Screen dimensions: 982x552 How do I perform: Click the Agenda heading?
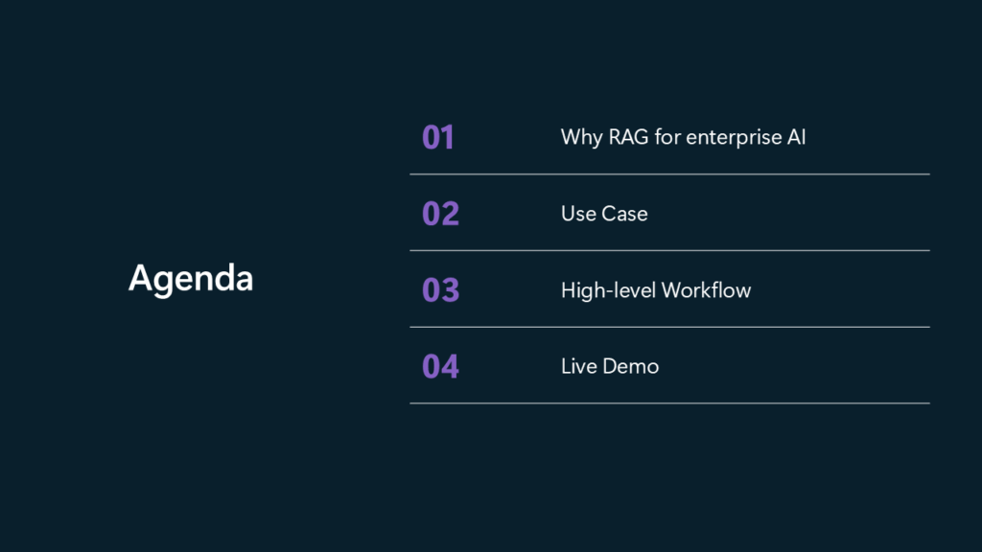[x=191, y=279]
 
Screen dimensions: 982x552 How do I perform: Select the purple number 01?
[x=437, y=137]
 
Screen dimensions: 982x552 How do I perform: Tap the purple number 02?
[x=440, y=214]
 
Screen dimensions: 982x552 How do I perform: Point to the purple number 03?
[x=440, y=289]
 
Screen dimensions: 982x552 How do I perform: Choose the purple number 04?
[x=440, y=366]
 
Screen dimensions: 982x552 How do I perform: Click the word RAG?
[x=628, y=137]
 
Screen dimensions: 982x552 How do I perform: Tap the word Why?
[x=581, y=138]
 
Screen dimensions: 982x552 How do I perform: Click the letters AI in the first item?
[x=797, y=137]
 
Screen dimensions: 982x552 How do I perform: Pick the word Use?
[x=578, y=214]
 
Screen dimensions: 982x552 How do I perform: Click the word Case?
[x=624, y=214]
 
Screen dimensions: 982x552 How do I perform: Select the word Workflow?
[x=706, y=290]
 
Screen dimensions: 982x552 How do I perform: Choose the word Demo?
[x=631, y=366]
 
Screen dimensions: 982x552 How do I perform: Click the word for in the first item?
[x=667, y=137]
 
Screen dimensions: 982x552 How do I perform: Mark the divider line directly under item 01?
[x=669, y=174]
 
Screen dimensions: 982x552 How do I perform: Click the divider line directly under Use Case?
[x=669, y=250]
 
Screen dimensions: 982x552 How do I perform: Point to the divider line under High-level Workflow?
[x=669, y=327]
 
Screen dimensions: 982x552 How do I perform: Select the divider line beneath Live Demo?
[x=669, y=403]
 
